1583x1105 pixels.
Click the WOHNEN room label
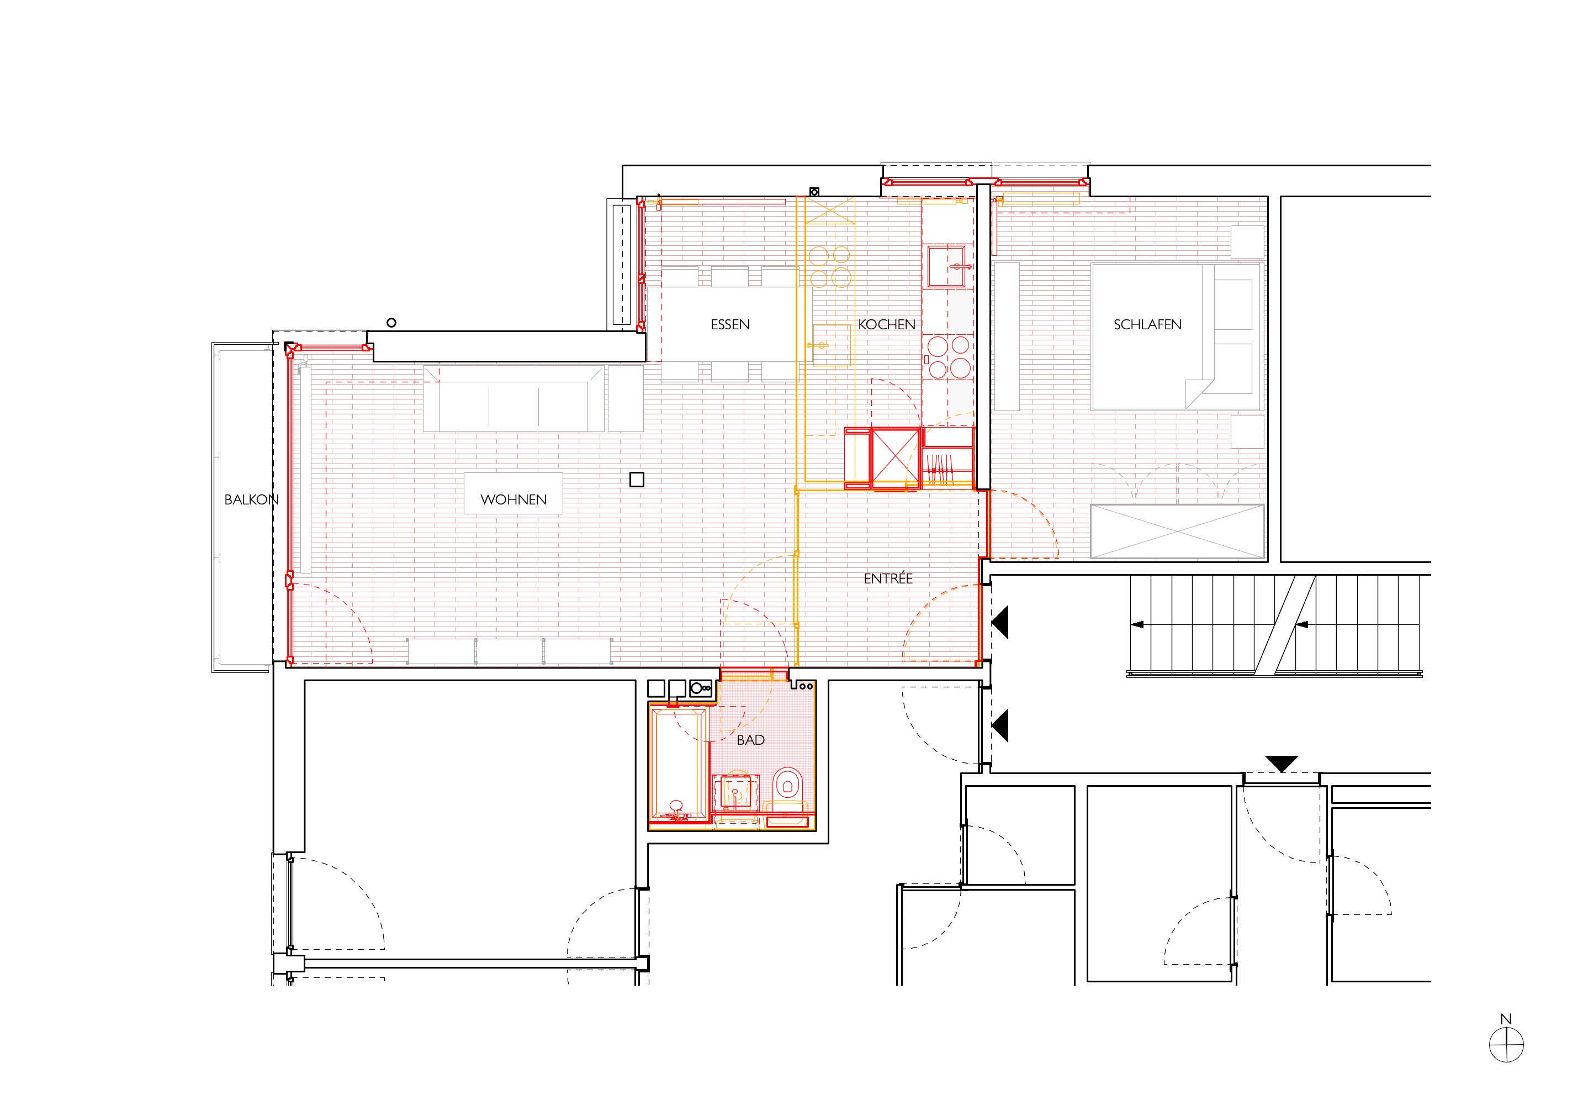point(513,499)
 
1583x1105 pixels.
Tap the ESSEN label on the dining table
point(730,324)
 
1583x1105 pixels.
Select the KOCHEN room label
point(887,324)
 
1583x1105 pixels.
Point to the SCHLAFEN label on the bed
point(1147,324)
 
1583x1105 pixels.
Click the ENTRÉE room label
point(888,578)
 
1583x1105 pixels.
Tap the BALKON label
point(252,499)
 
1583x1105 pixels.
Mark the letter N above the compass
point(1506,1019)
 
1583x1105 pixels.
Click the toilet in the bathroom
point(787,790)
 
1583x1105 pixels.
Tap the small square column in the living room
point(637,480)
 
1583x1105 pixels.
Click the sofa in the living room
point(513,399)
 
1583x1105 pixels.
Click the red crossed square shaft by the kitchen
point(896,458)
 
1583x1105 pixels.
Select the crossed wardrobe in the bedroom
point(1178,531)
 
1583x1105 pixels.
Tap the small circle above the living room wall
point(391,322)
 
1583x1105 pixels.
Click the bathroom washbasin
point(735,792)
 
